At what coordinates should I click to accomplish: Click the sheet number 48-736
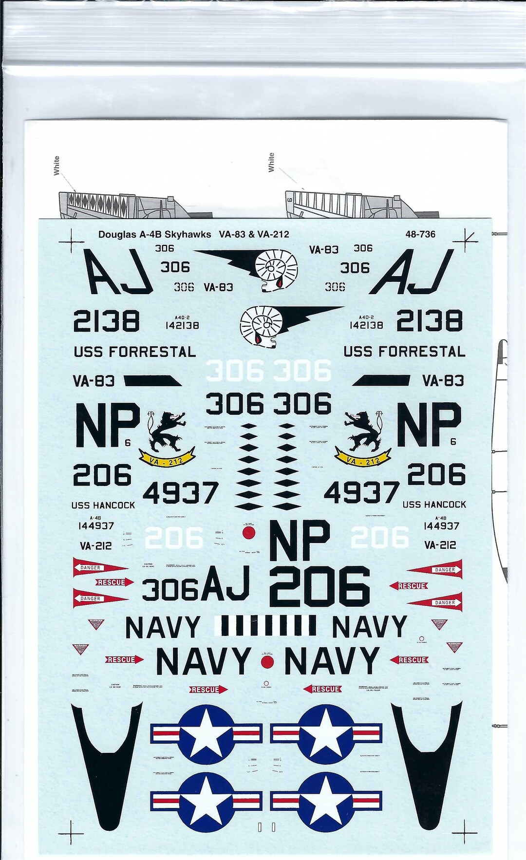pos(420,234)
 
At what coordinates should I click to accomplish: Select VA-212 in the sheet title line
pos(274,234)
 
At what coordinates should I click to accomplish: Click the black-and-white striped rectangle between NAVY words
pos(265,626)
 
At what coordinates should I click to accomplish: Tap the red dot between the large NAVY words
pos(267,661)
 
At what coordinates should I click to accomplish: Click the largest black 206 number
pos(319,586)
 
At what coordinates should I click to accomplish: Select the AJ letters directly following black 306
pos(225,584)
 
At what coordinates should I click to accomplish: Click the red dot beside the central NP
pos(249,533)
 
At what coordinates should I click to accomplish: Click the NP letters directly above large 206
pos(299,540)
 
